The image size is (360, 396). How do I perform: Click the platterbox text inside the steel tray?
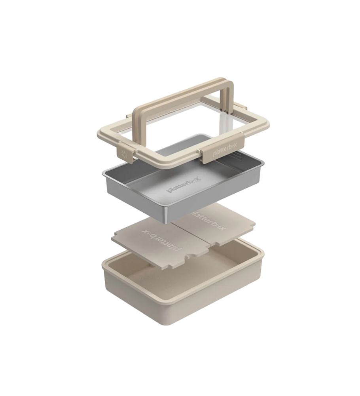point(184,185)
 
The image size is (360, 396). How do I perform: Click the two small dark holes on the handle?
point(224,110)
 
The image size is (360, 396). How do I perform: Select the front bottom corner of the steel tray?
point(167,222)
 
